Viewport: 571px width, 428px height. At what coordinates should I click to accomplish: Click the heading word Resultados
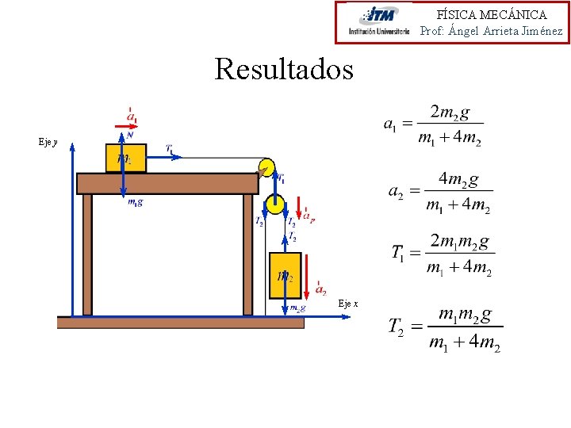coord(284,70)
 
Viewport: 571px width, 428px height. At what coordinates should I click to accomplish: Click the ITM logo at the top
coord(379,22)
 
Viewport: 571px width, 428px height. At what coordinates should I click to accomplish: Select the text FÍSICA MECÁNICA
coord(492,14)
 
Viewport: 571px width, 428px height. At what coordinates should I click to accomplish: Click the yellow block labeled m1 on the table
coord(125,158)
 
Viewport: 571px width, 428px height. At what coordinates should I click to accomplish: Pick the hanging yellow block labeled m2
coord(285,275)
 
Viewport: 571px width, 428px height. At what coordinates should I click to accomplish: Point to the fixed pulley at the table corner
coord(266,167)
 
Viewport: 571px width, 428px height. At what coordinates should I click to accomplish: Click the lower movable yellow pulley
coord(274,204)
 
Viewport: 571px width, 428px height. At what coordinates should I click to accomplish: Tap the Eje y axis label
coord(48,142)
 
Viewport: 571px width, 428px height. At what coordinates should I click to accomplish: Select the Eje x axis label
coord(348,304)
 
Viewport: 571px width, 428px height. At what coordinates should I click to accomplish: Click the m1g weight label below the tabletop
coord(136,202)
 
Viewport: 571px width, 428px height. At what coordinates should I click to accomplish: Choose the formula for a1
coord(433,124)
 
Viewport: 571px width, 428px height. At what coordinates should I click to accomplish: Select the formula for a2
coord(440,193)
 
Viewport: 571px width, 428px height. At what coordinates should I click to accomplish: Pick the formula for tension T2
coord(445,328)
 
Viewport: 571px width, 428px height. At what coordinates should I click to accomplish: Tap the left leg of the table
coord(87,254)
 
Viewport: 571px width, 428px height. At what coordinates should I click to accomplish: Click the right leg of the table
coord(247,254)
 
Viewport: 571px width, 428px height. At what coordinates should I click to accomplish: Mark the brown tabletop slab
coord(167,183)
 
